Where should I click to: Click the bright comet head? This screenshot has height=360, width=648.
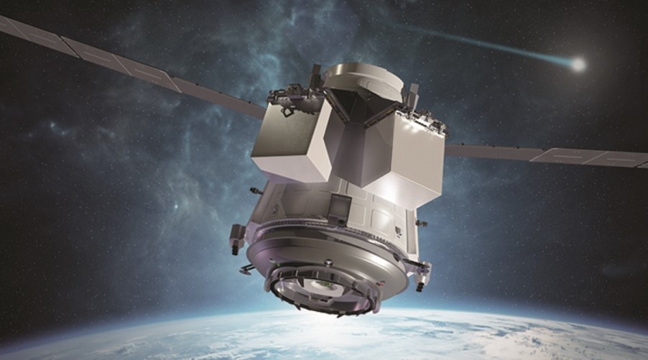578,64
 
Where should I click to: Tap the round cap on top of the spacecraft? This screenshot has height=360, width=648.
363,80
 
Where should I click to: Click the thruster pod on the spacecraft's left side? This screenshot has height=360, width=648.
236,236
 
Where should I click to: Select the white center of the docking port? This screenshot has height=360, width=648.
327,283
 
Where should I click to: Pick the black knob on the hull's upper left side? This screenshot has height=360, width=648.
254,190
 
